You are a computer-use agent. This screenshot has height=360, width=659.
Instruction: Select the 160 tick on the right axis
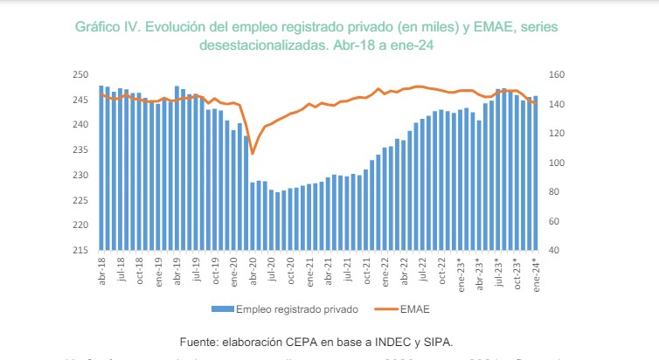557,75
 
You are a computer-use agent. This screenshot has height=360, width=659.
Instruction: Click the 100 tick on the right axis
557,163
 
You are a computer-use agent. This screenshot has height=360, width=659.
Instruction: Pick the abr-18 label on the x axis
101,271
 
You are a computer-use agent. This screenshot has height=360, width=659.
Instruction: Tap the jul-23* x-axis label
498,273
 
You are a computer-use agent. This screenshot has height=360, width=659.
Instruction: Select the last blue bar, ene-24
536,173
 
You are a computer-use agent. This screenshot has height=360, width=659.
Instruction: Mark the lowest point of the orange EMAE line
253,154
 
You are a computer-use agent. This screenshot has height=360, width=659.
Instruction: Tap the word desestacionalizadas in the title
270,47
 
